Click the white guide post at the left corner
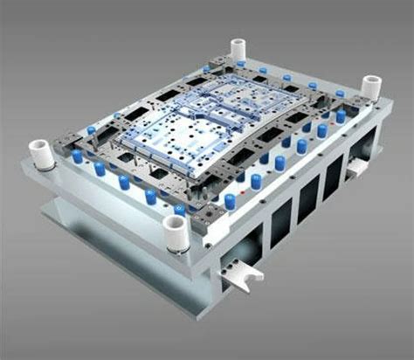(40, 155)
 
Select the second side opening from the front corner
(307, 202)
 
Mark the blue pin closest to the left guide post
(78, 157)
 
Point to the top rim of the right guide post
(372, 79)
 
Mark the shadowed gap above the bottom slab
(131, 229)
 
